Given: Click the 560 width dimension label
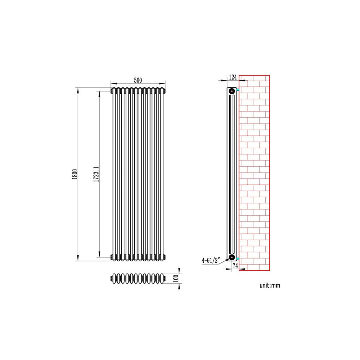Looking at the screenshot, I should coord(138,80).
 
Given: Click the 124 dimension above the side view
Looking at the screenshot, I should coord(233,77).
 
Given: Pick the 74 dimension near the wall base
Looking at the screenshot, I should coord(235,266).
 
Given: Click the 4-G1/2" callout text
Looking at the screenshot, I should coord(210,260).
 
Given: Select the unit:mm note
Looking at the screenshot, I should coord(270,285).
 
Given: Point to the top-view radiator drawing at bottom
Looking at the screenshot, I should coord(138,279).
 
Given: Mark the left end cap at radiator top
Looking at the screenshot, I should coord(112,91).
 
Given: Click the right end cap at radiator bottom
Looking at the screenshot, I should coord(165,257).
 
